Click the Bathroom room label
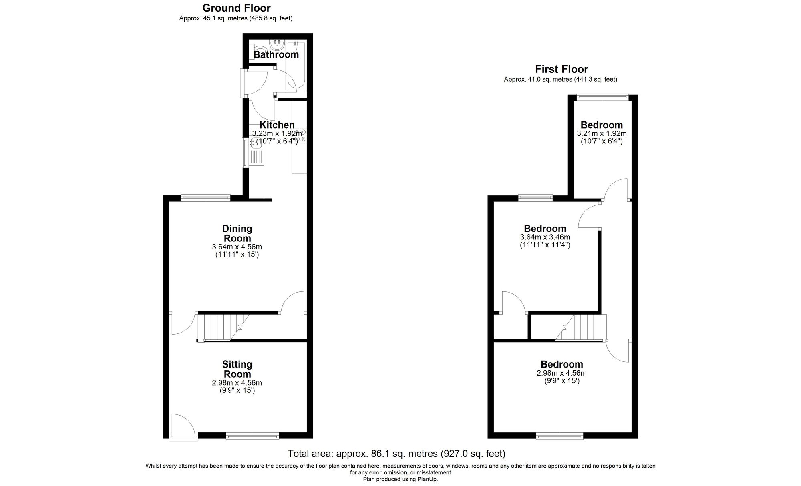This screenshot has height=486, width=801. coord(276,54)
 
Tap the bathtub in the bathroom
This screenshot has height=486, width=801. coord(296,65)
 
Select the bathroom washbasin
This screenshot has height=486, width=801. coord(277,44)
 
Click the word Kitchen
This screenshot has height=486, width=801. coord(277,125)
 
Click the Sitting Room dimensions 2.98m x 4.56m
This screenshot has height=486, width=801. coord(237,383)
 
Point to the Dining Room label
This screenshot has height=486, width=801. coord(237,233)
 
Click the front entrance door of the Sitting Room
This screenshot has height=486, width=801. coord(183,426)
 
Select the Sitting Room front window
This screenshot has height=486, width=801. coord(252,436)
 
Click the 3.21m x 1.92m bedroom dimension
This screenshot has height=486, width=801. coord(602,133)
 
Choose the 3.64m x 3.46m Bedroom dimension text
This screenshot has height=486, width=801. coord(545,237)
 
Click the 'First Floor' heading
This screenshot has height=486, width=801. coord(562,69)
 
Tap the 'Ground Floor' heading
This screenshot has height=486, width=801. coord(236,8)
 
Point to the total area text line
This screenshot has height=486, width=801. coord(396,454)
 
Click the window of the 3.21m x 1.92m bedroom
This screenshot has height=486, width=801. coord(602,96)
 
